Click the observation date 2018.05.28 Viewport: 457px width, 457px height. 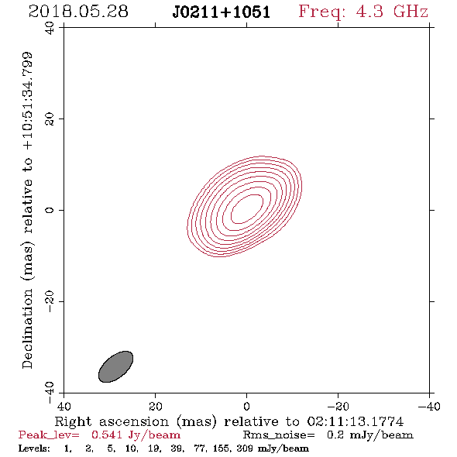coord(78,12)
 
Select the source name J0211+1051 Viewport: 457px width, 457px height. coord(222,12)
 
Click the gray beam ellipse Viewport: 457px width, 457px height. coord(115,366)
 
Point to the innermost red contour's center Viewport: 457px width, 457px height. coord(247,209)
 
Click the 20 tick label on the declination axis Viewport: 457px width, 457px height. coord(50,119)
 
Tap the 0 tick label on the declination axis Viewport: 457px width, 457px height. coord(50,210)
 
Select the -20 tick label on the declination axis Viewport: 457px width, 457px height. coord(50,301)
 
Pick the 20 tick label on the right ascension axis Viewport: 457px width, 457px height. coord(155,407)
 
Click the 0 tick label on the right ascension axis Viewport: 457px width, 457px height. coord(246,407)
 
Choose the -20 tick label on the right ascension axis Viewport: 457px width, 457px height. coord(338,407)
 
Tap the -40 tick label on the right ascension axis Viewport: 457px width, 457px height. coord(429,407)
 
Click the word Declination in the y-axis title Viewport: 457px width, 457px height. coord(27,328)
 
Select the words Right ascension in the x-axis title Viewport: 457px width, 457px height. coord(112,421)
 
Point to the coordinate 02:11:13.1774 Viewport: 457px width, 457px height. coord(356,421)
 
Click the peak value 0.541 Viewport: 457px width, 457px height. coord(107,435)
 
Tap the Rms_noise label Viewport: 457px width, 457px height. coord(279,435)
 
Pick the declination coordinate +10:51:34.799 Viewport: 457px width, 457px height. coord(28,101)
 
